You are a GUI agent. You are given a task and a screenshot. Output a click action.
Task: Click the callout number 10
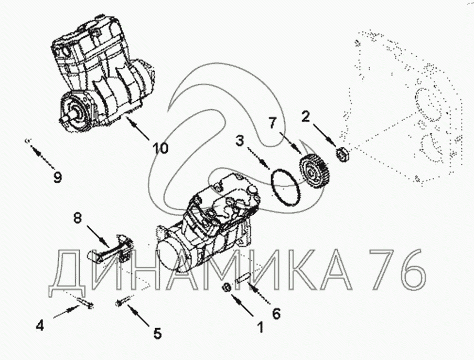tap(160, 148)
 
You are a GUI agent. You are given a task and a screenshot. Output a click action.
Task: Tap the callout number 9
tap(57, 177)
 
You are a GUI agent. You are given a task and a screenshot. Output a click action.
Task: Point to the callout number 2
tap(306, 117)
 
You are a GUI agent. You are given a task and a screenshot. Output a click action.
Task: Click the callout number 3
tap(240, 141)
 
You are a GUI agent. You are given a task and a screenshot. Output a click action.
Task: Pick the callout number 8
tap(78, 218)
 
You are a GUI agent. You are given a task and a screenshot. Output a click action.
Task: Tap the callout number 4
tap(40, 326)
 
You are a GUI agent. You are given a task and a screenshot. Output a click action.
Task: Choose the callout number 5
tap(157, 333)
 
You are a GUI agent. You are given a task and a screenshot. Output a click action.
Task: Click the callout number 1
tap(260, 327)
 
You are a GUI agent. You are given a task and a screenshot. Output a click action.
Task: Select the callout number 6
tap(276, 314)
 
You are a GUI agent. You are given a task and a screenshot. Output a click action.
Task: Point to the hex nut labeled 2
tap(343, 153)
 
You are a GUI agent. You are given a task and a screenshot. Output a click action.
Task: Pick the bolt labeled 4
tap(85, 303)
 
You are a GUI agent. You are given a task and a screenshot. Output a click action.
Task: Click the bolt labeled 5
tap(123, 301)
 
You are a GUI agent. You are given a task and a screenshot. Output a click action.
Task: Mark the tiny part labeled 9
tap(27, 140)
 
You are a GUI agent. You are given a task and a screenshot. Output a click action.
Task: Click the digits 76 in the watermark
tap(398, 269)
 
